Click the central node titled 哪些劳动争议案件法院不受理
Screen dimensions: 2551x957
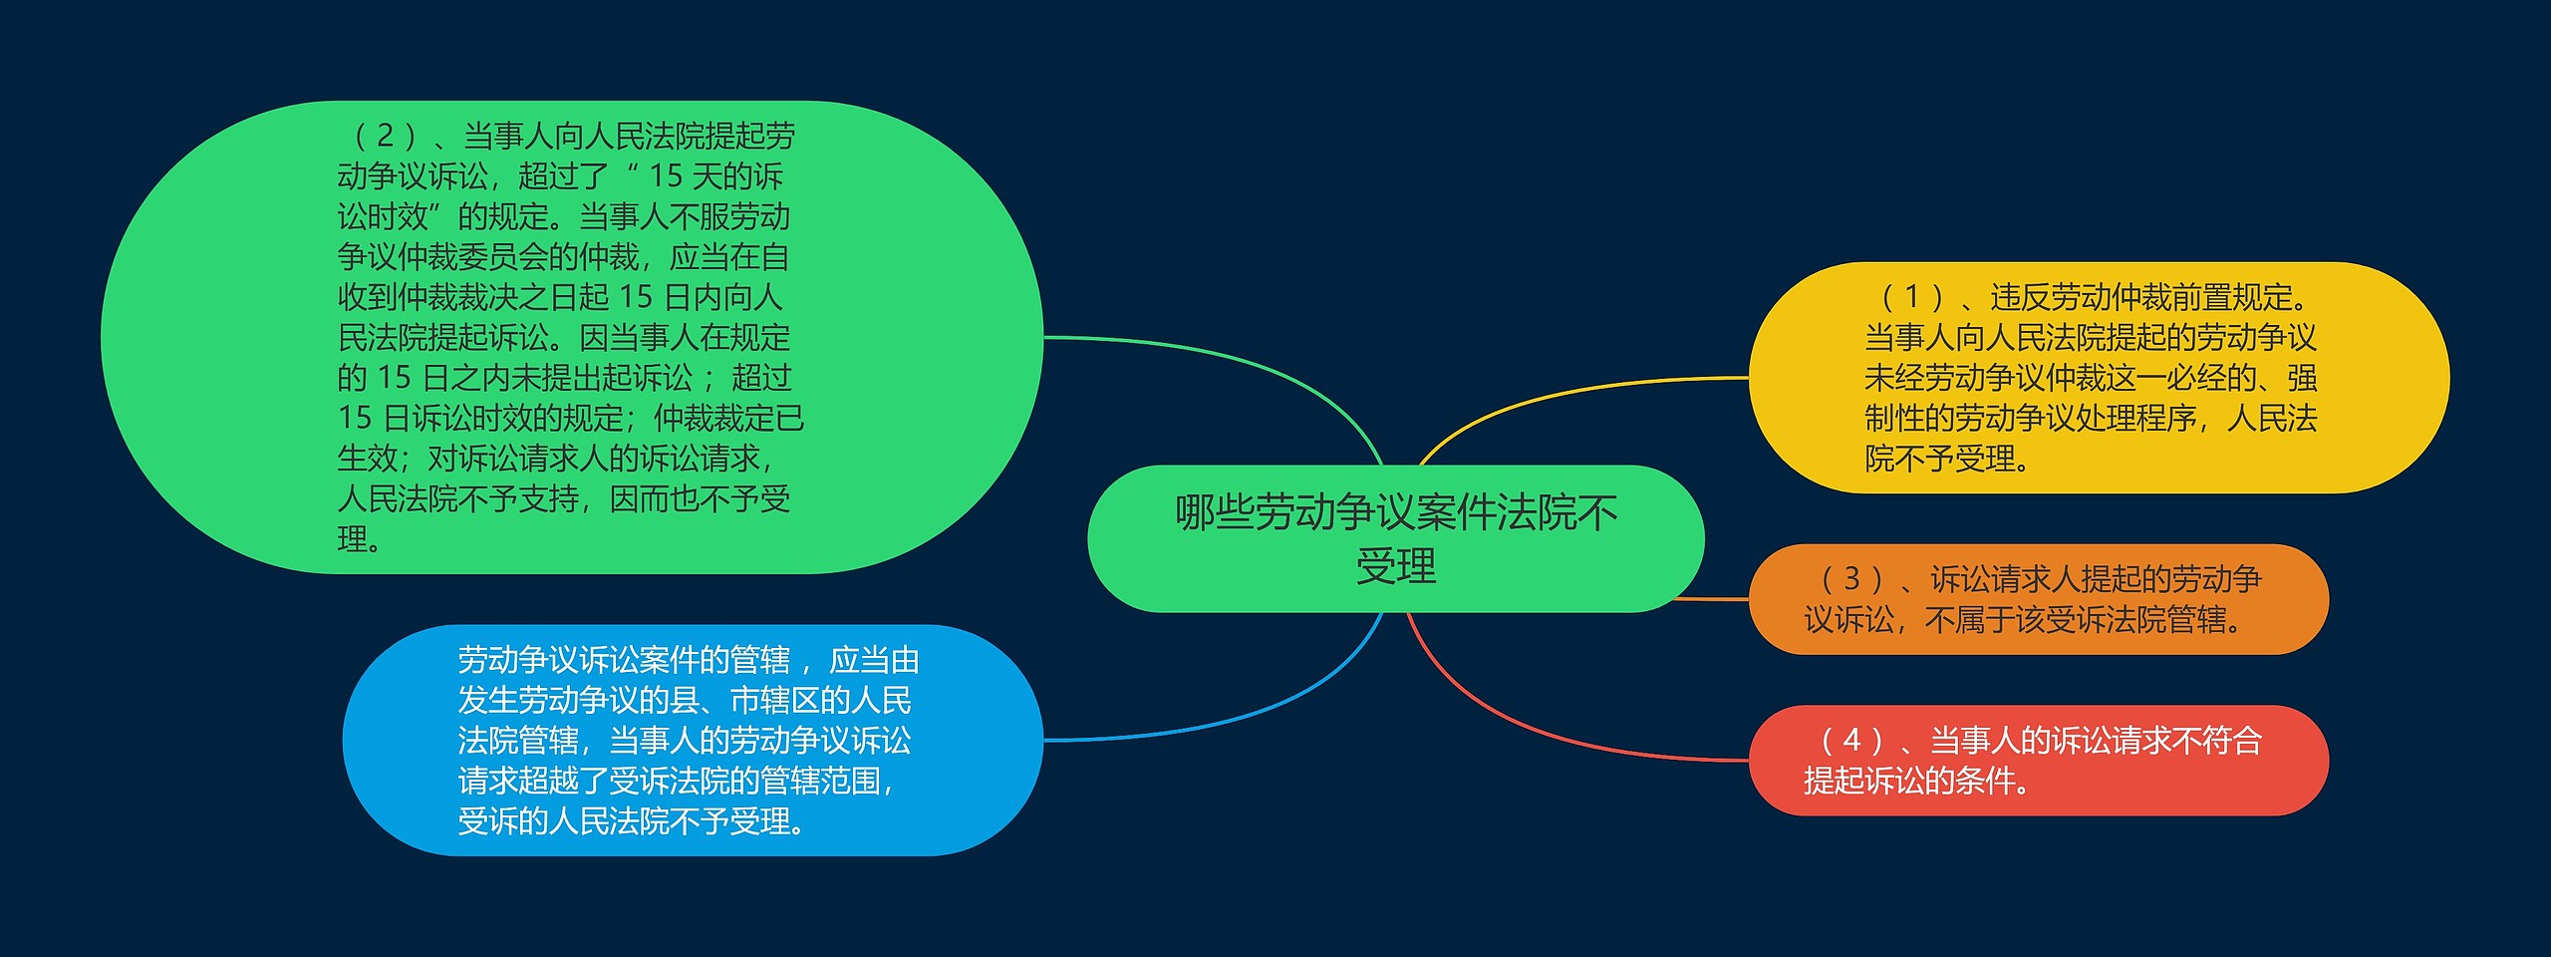[1395, 538]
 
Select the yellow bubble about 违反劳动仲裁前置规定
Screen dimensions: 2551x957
[2099, 378]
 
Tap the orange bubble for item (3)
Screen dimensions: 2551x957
[2039, 599]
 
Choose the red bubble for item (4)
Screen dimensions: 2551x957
[2039, 761]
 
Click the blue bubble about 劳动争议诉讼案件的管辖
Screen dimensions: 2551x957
[693, 741]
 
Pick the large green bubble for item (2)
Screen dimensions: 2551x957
[572, 337]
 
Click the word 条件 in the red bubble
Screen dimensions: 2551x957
[1984, 781]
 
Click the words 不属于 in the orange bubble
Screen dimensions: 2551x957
[1969, 620]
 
